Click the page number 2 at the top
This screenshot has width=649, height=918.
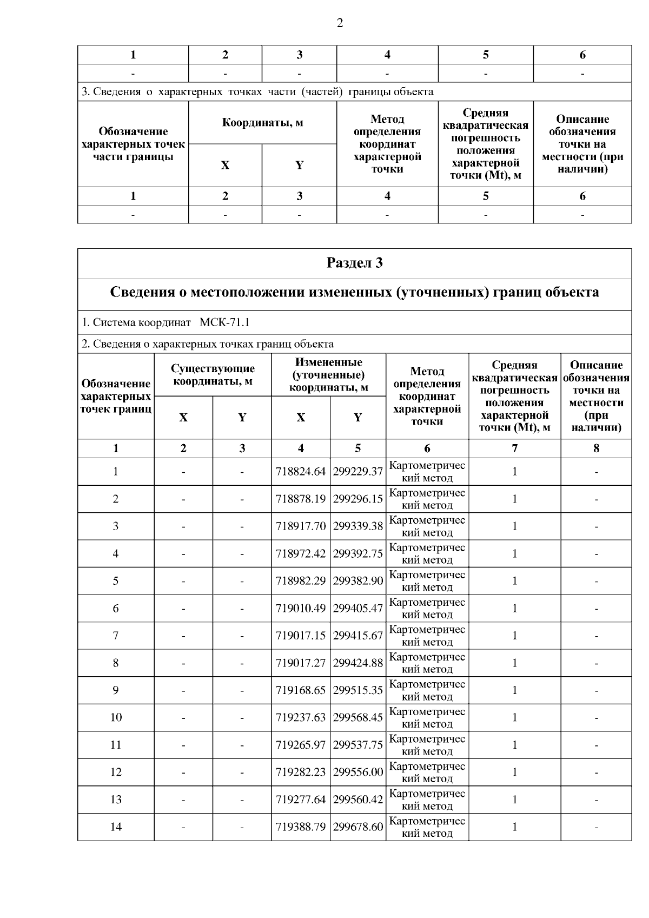pyautogui.click(x=340, y=23)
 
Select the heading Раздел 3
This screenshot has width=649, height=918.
pyautogui.click(x=354, y=263)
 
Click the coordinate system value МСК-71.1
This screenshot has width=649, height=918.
pyautogui.click(x=224, y=323)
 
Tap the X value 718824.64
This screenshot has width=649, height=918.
pyautogui.click(x=300, y=472)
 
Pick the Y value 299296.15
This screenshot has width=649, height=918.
pyautogui.click(x=357, y=499)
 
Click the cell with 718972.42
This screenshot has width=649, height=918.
pyautogui.click(x=300, y=553)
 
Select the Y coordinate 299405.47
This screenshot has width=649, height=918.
pyautogui.click(x=357, y=608)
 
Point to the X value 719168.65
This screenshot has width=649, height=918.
pyautogui.click(x=300, y=690)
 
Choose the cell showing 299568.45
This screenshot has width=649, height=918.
pyautogui.click(x=357, y=717)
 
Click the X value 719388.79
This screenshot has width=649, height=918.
pyautogui.click(x=300, y=827)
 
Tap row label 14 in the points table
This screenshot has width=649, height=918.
pyautogui.click(x=116, y=827)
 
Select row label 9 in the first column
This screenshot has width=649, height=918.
pyautogui.click(x=116, y=690)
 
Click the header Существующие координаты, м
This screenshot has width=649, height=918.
pyautogui.click(x=213, y=375)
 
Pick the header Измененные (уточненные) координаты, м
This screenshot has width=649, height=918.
pyautogui.click(x=328, y=375)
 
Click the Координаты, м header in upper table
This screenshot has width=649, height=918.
pyautogui.click(x=262, y=123)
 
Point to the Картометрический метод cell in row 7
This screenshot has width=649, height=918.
pyautogui.click(x=427, y=636)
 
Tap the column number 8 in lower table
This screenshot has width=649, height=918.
pyautogui.click(x=596, y=448)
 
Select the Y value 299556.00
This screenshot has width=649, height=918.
pyautogui.click(x=357, y=772)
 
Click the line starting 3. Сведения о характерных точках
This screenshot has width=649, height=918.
pyautogui.click(x=257, y=92)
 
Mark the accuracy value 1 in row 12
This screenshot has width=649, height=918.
pyautogui.click(x=514, y=772)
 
